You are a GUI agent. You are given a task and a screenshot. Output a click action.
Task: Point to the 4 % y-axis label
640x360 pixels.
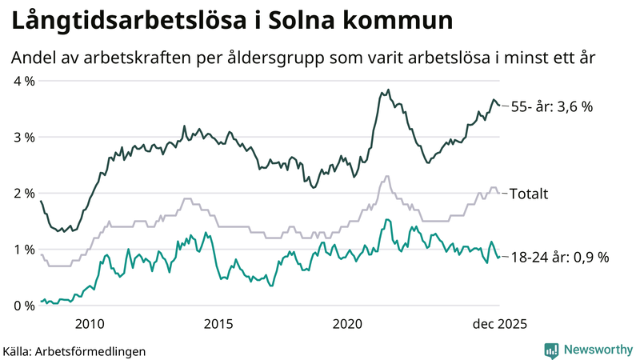tap(24, 81)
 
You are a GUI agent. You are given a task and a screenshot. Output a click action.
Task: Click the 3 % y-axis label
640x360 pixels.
tap(24, 137)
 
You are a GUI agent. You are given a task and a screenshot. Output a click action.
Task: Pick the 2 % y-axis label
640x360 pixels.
tap(24, 193)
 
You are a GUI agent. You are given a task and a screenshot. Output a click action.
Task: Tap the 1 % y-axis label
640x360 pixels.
tap(24, 249)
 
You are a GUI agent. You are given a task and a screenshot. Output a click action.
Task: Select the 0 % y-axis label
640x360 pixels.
tap(24, 305)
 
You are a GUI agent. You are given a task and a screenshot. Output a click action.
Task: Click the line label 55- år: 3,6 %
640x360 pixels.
tap(552, 106)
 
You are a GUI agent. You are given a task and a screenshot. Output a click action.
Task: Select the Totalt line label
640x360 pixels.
tap(529, 194)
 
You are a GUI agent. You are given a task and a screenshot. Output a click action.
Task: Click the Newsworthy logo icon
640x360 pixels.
tap(551, 350)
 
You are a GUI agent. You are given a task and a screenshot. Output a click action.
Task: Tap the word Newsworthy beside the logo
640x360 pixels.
tap(597, 350)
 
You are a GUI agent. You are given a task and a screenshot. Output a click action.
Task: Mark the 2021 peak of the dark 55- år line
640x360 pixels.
tap(388, 90)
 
